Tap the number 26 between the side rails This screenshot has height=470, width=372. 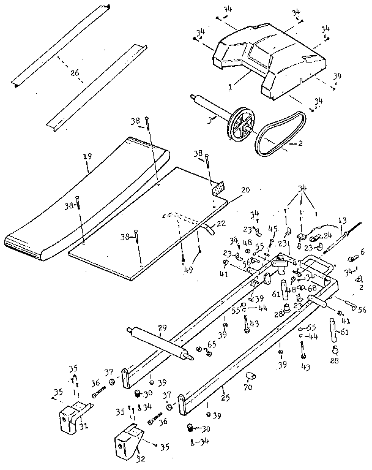[x=75, y=72]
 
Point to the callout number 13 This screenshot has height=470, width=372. [x=341, y=220]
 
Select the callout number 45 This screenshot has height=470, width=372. [x=273, y=229]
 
